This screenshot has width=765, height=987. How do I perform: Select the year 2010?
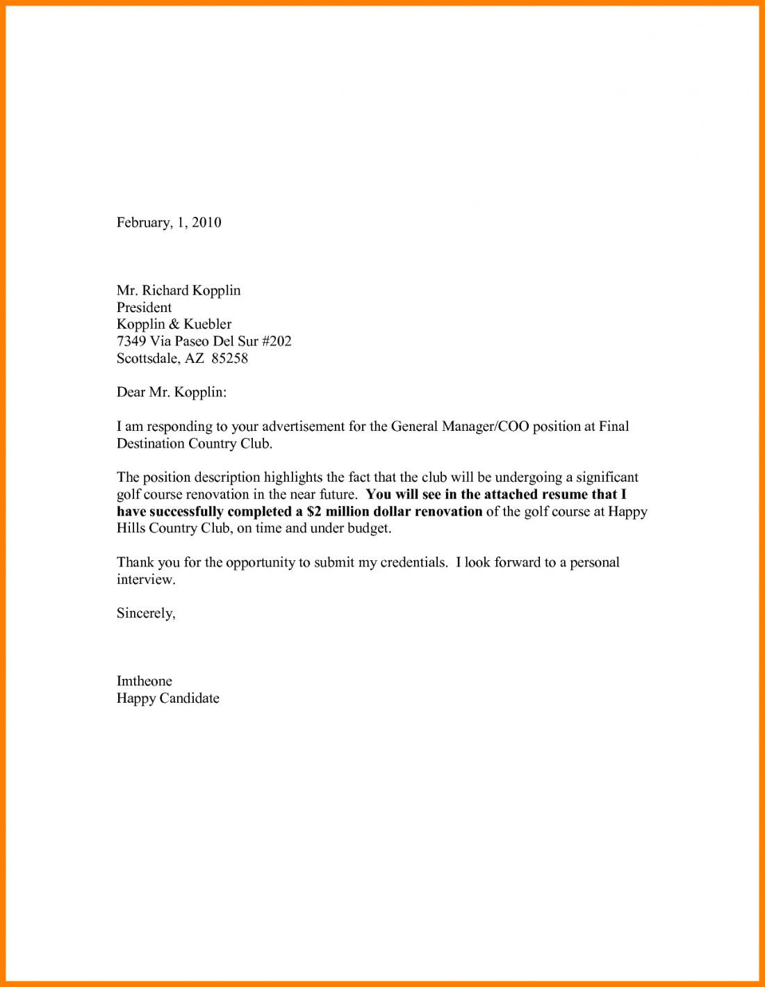pos(206,222)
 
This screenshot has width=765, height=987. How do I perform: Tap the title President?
pos(144,307)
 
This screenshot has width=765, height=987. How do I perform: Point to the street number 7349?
pos(131,341)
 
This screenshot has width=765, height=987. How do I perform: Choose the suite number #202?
pos(276,341)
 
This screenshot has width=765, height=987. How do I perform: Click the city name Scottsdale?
pos(149,359)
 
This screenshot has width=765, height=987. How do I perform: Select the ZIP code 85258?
pos(229,359)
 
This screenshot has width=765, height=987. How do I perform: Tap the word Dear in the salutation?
pos(131,393)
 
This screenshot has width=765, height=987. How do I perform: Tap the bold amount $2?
pos(313,512)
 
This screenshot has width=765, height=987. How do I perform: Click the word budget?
pos(369,528)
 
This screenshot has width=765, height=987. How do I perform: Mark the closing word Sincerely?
pos(146,614)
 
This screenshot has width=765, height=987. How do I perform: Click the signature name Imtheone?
pos(144,681)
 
